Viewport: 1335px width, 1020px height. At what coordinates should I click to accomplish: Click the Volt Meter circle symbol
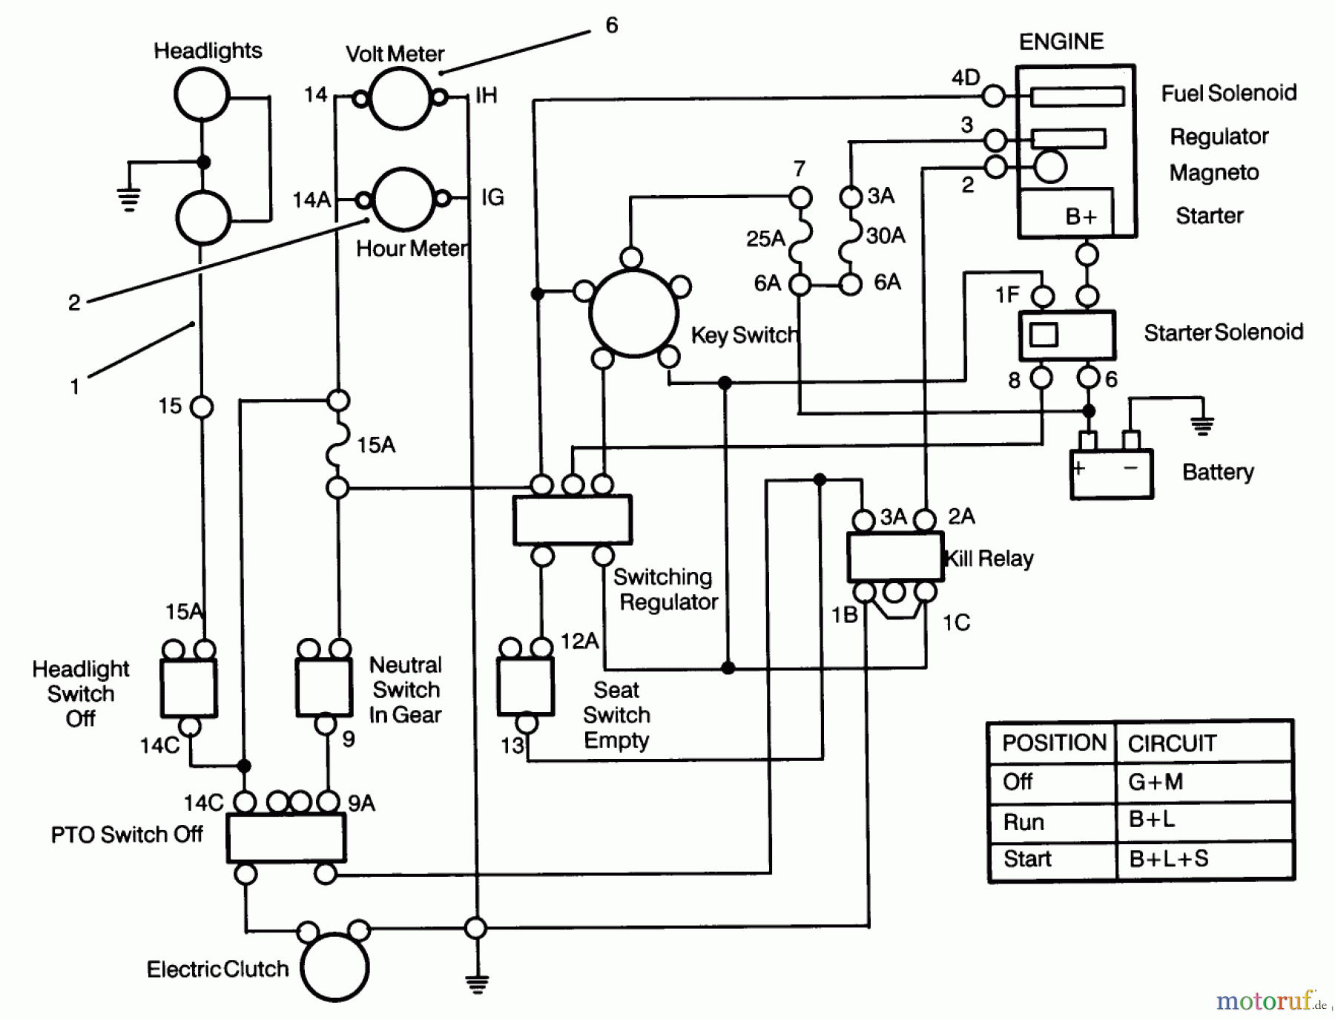[400, 99]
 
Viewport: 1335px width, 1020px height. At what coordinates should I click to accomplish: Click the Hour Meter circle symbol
[404, 199]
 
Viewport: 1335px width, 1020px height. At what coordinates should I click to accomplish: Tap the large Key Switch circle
[634, 313]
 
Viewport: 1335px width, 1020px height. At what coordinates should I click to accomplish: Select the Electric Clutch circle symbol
[335, 967]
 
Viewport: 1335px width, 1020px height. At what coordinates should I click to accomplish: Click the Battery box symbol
[1111, 473]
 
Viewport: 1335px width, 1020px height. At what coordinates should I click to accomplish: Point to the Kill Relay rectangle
[895, 556]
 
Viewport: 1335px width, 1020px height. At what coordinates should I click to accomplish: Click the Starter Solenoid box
[1067, 335]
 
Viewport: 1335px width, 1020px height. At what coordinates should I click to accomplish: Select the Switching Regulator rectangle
[573, 520]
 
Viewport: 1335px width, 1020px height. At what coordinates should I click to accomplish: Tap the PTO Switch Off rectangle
[286, 838]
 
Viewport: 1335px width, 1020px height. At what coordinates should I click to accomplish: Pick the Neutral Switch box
[324, 687]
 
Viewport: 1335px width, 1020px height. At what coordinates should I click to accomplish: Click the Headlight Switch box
[188, 688]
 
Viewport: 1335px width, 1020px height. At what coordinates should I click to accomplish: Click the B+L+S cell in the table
[1169, 859]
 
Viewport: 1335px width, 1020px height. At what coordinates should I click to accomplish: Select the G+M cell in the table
[1156, 781]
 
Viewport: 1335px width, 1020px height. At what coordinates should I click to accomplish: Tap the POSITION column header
[1053, 743]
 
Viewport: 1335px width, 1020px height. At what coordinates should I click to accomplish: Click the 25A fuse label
[765, 238]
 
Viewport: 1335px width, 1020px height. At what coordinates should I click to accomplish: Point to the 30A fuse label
[886, 236]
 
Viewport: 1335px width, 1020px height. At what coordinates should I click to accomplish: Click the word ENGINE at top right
[1061, 42]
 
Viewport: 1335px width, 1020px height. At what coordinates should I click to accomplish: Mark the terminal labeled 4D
[993, 96]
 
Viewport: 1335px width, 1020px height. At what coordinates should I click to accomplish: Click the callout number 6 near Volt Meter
[611, 26]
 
